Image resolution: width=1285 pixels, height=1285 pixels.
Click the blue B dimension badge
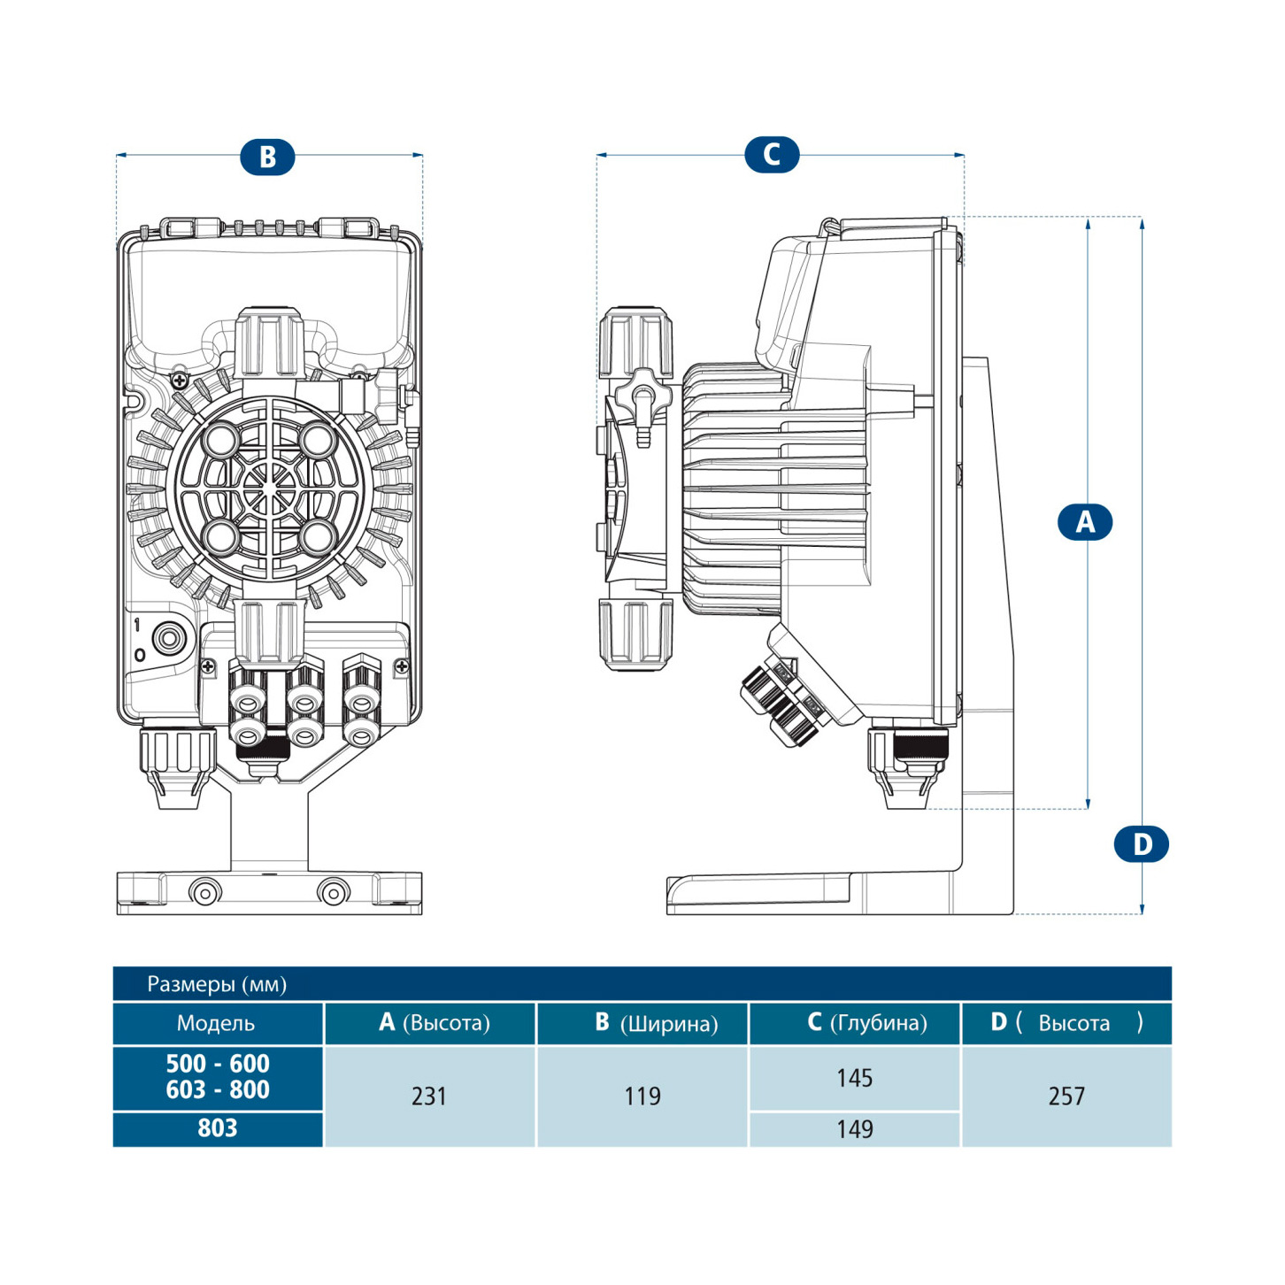tap(267, 157)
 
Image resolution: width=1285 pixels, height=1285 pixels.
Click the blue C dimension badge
tap(772, 154)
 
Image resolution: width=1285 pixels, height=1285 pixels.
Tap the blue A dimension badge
tap(1085, 522)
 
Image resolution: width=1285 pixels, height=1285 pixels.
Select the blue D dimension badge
tap(1141, 843)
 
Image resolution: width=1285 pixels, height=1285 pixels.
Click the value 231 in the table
tap(429, 1096)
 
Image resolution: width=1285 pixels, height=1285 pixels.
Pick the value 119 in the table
tap(642, 1096)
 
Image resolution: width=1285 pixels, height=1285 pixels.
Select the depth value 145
tap(854, 1078)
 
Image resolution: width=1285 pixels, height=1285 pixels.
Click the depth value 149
tap(854, 1129)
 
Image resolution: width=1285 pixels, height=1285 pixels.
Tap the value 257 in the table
tap(1066, 1096)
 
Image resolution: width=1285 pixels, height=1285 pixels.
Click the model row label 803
tap(218, 1128)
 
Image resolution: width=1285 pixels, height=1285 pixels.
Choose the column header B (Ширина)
tap(656, 1023)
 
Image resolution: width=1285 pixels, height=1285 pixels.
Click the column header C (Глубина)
tap(867, 1023)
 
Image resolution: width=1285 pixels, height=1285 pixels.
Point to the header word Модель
tap(216, 1023)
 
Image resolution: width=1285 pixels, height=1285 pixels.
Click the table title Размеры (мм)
tap(217, 984)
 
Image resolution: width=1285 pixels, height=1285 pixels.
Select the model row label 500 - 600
tap(218, 1064)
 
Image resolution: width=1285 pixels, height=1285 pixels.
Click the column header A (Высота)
tap(435, 1023)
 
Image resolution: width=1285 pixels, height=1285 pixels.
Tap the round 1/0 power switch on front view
tap(167, 638)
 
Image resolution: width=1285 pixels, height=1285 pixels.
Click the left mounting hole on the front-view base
tap(205, 893)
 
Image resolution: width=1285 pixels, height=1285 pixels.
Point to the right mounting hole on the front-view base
tap(334, 893)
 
